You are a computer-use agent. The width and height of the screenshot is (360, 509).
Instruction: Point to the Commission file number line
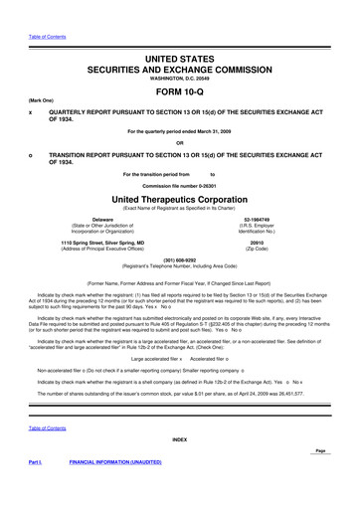179,186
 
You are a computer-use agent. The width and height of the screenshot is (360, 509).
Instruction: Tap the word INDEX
179,438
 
